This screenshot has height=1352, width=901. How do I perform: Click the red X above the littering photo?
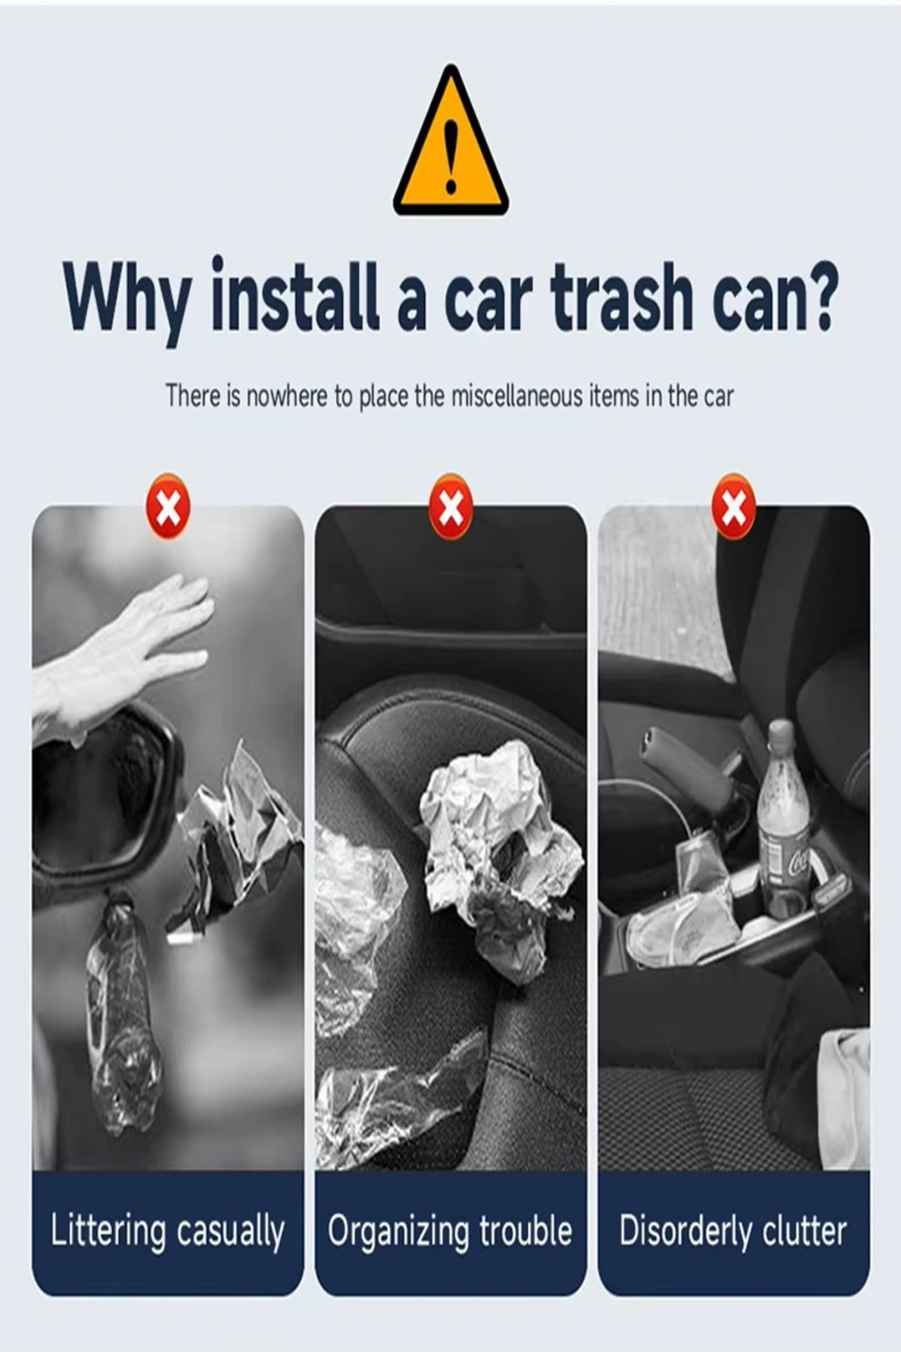point(168,506)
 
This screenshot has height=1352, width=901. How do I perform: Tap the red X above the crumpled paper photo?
point(450,506)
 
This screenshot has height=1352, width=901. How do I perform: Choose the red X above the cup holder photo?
point(733,506)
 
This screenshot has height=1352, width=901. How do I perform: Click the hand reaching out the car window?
point(121,655)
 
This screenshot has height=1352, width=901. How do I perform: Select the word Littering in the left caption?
point(108,1232)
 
